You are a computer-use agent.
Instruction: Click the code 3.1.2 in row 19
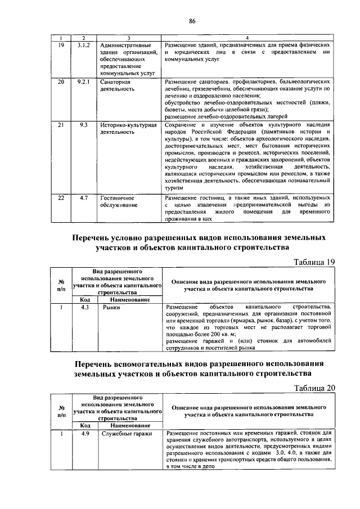tap(83, 44)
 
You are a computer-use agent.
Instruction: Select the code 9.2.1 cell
tap(83, 82)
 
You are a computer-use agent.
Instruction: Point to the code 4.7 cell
tap(83, 199)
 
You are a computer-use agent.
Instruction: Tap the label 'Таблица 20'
tap(315, 388)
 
